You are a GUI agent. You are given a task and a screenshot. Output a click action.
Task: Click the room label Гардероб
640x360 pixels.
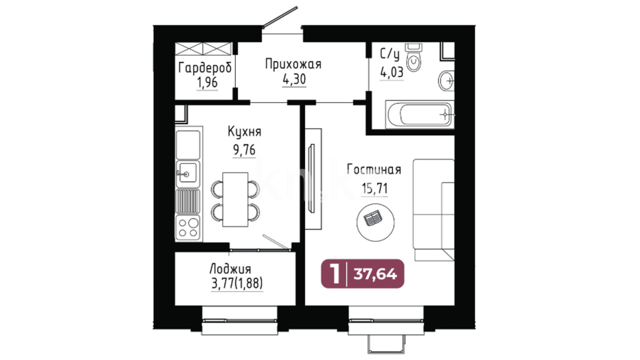tap(205, 68)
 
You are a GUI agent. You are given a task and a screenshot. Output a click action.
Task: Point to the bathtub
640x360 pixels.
tap(420, 114)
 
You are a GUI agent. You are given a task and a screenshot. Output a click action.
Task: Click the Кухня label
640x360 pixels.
tap(245, 132)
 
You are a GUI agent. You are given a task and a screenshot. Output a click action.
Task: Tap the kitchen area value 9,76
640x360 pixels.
tap(244, 150)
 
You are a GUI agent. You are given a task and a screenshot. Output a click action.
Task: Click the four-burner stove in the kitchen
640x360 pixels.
tap(188, 227)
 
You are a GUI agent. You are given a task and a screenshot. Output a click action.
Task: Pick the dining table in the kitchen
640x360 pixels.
tap(235, 199)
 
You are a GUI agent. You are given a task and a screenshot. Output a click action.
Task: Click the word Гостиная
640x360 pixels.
tap(374, 169)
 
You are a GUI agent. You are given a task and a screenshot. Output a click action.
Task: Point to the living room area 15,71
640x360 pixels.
tap(374, 189)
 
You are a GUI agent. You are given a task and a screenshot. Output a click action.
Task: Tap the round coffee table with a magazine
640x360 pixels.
tap(375, 222)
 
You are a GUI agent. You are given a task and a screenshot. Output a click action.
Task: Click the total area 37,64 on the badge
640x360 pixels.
tap(375, 274)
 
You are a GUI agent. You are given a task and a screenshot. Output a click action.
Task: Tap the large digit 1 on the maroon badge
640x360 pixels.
tap(335, 274)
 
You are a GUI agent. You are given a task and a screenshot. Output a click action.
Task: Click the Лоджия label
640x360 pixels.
tap(230, 269)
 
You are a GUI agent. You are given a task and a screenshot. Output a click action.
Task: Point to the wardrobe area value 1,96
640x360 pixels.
tap(207, 82)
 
